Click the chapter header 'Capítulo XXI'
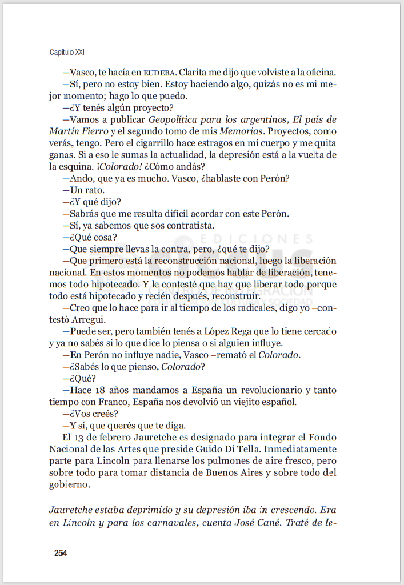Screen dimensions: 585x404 coord(67,52)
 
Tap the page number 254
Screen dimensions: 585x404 coord(61,552)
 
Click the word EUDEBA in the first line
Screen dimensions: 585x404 coord(158,73)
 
